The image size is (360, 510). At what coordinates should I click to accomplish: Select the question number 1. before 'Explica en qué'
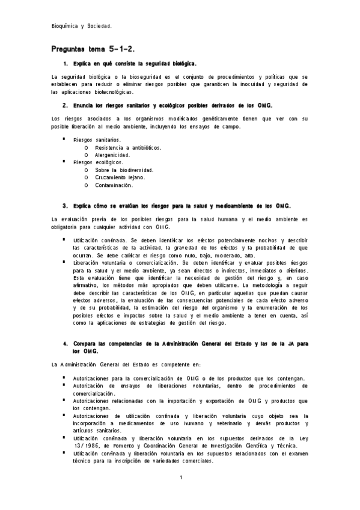[x=65, y=63]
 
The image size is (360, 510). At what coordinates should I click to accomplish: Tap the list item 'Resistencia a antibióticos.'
[x=128, y=147]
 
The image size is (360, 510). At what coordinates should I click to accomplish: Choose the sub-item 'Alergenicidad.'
[x=112, y=155]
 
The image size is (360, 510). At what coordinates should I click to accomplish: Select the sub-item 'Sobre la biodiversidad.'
[x=124, y=170]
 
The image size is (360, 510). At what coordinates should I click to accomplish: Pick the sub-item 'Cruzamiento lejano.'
[x=120, y=177]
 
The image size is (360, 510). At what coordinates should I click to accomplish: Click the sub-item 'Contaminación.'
[x=114, y=185]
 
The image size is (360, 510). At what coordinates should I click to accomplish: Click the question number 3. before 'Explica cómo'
[x=65, y=205]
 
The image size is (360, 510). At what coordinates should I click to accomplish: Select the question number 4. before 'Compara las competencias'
[x=65, y=343]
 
